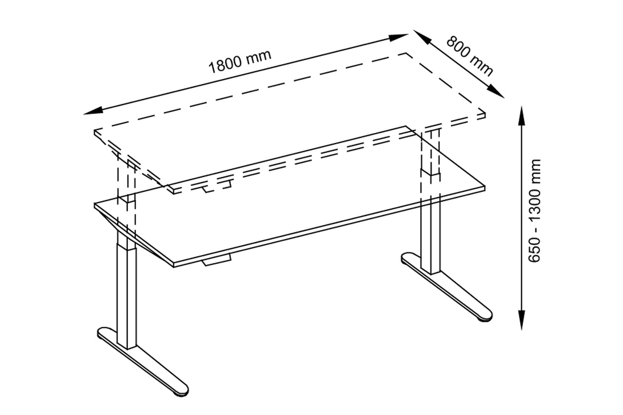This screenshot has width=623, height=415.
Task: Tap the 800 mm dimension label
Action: (469, 55)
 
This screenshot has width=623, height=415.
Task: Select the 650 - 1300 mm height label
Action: (535, 211)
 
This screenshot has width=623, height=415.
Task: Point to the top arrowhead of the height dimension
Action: (522, 113)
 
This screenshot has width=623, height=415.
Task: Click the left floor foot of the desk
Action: (144, 362)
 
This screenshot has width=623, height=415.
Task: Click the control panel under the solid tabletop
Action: (217, 262)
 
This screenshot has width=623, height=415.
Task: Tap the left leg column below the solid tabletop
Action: (126, 292)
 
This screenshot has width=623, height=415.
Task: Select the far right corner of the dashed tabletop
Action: (485, 114)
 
